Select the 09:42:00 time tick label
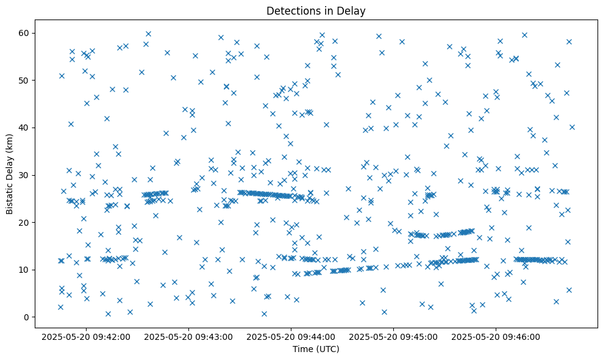click(86, 336)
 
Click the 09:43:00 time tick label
click(188, 336)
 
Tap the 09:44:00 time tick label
click(291, 336)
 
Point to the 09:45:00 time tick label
click(393, 336)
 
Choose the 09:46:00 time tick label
click(496, 336)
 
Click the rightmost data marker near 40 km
click(572, 127)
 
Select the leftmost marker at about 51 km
click(62, 76)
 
